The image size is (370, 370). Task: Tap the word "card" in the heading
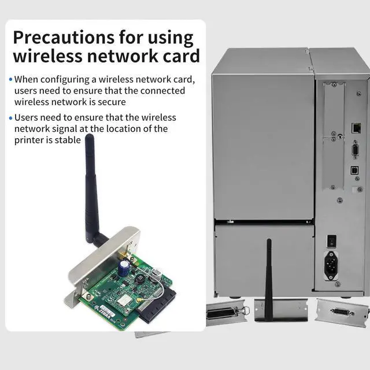pyautogui.click(x=179, y=56)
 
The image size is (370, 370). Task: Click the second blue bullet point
pyautogui.click(x=10, y=118)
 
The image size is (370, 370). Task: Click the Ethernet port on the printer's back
pyautogui.click(x=356, y=127)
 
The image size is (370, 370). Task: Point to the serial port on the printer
pyautogui.click(x=355, y=151)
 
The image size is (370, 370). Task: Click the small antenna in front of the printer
pyautogui.click(x=269, y=272)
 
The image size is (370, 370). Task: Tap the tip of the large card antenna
pyautogui.click(x=89, y=139)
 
